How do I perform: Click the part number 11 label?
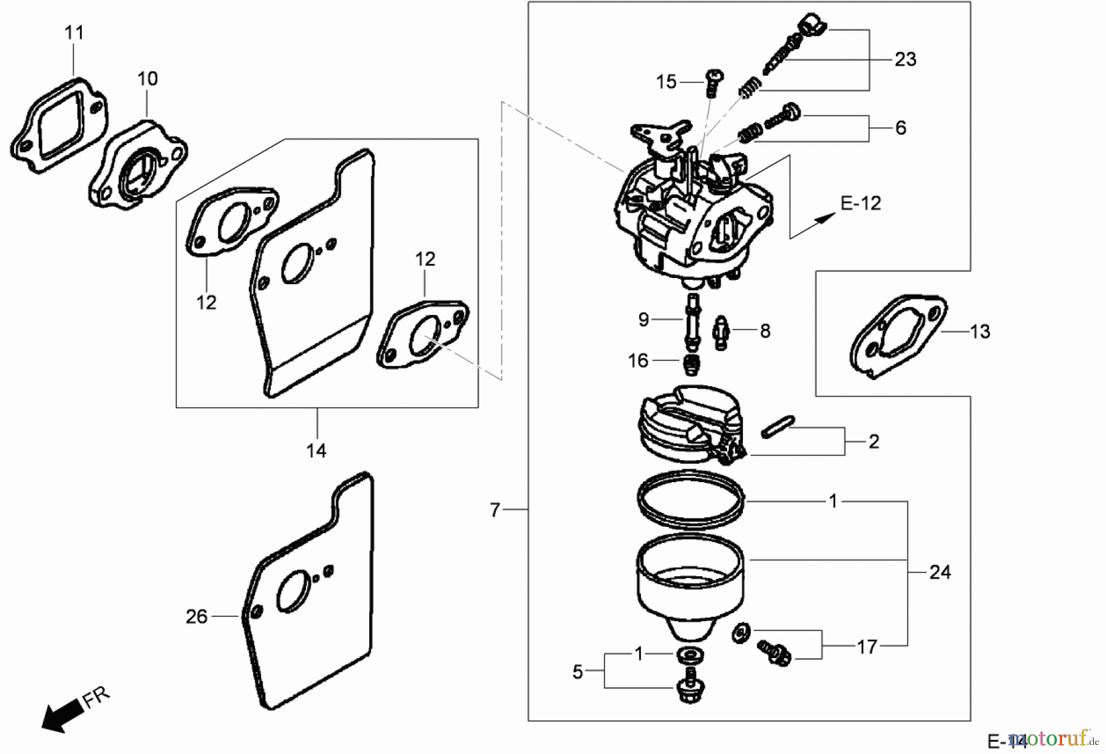coord(74,33)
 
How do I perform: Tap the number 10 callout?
coord(147,79)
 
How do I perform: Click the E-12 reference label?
coord(860,204)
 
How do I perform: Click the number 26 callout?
coord(197,616)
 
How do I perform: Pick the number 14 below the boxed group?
coord(316,451)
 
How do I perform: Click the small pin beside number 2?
coord(778,427)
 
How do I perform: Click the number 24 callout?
coord(939,573)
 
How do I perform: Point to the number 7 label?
coord(495,510)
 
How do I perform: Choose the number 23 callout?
coord(905,60)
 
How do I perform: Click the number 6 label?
coord(900,128)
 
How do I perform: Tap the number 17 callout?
coord(867,647)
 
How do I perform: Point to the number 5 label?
coord(578,672)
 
